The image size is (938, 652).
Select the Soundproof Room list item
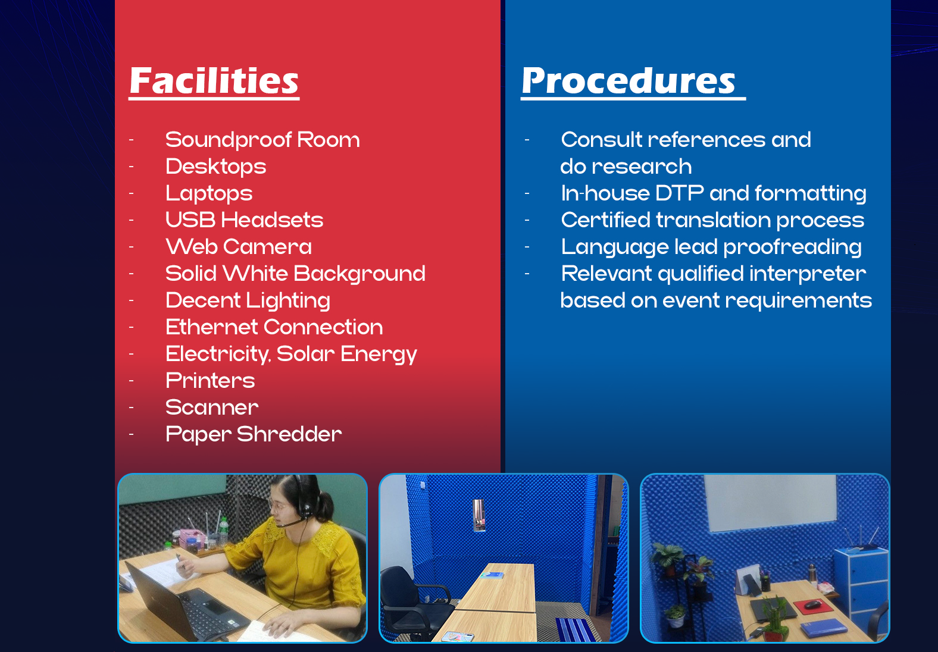click(x=262, y=140)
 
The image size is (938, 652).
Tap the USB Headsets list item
click(x=244, y=220)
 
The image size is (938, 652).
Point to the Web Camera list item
click(x=239, y=246)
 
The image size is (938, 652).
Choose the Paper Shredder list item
click(x=254, y=434)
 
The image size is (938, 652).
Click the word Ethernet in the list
click(x=211, y=327)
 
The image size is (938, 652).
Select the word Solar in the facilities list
click(x=305, y=353)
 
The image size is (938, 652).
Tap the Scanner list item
click(x=212, y=407)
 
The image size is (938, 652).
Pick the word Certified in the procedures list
click(x=605, y=220)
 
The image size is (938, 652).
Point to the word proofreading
click(x=792, y=247)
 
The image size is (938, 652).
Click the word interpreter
click(x=807, y=274)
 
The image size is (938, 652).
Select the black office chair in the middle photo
click(x=415, y=603)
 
